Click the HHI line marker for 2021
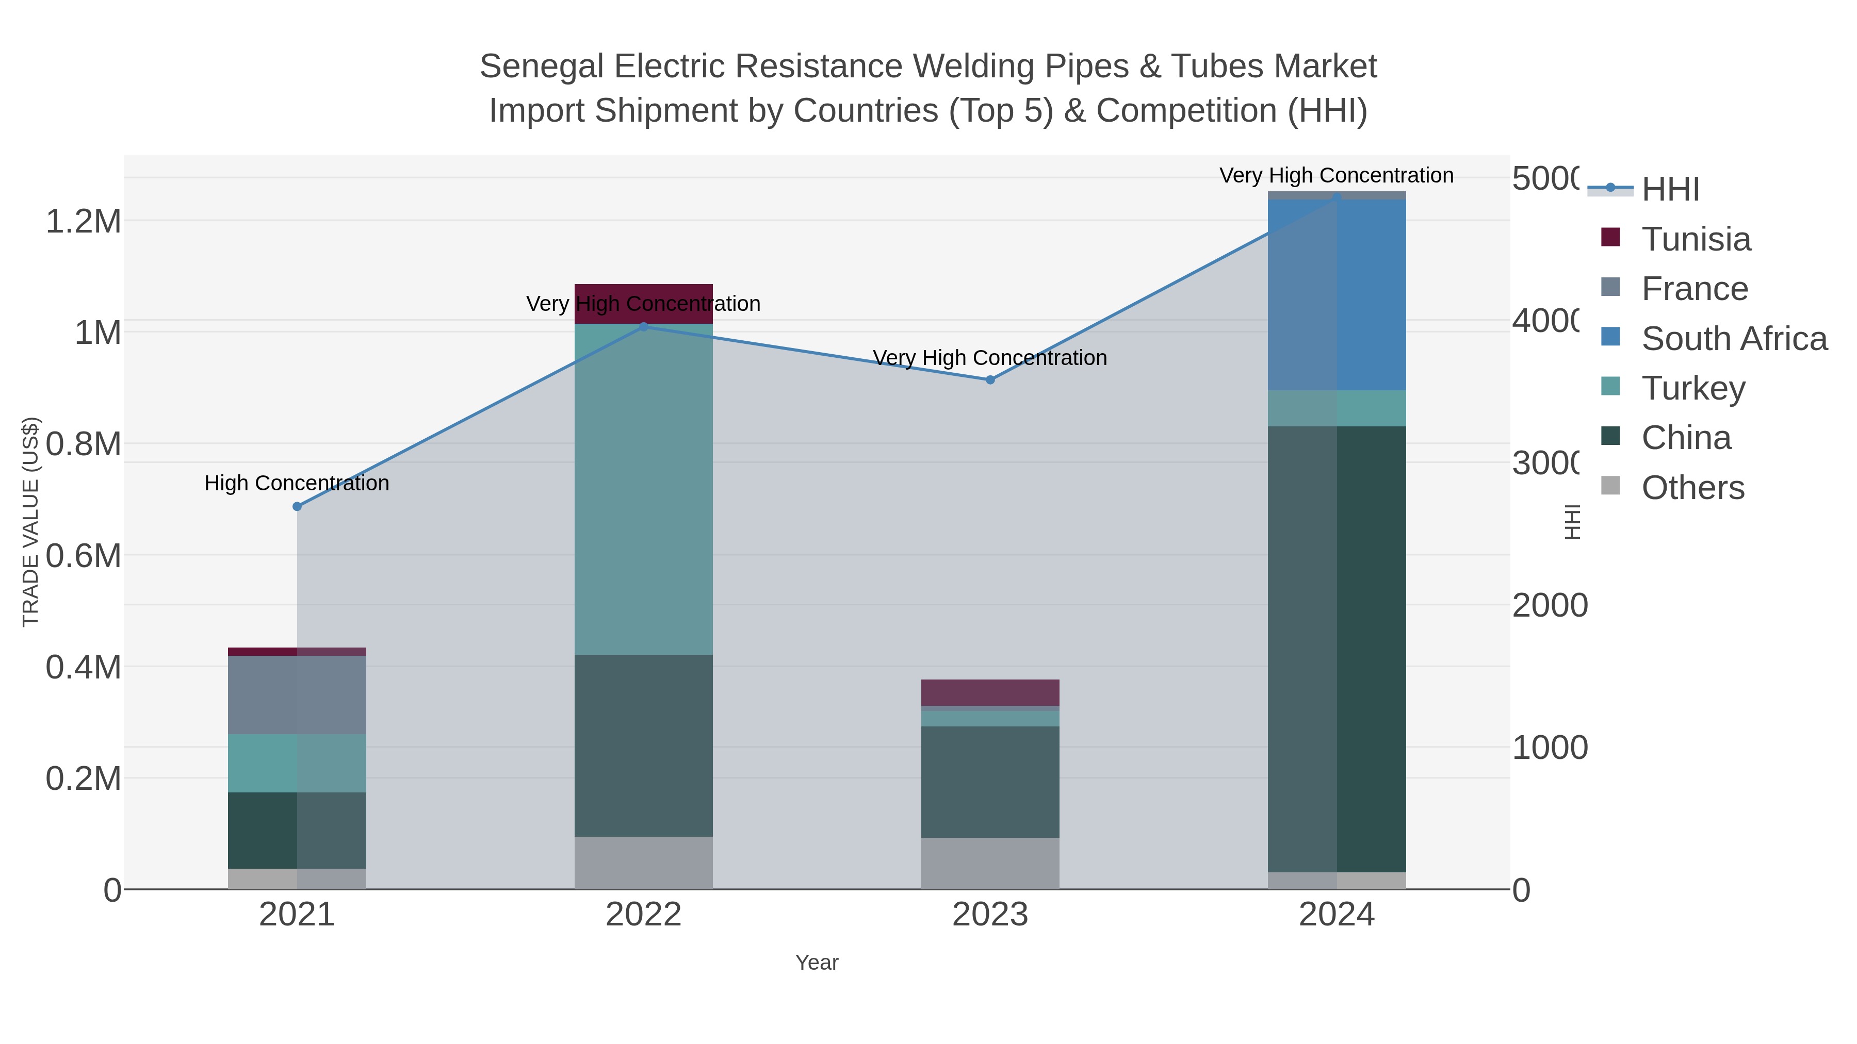297,506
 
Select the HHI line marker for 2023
990,379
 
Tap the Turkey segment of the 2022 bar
643,490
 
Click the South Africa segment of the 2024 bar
1337,295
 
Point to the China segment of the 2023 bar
990,782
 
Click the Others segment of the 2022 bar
643,863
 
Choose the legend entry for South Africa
1733,339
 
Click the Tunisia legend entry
1695,239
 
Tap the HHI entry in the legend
1670,190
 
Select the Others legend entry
1692,488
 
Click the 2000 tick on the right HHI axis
1549,605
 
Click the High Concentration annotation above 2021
297,483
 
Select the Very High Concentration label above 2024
1336,175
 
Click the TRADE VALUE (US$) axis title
30,522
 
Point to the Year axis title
816,963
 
